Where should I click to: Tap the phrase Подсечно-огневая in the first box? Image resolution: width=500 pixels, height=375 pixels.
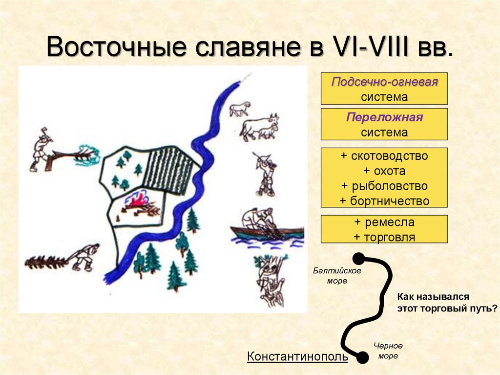384,82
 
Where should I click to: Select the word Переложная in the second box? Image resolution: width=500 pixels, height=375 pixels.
384,118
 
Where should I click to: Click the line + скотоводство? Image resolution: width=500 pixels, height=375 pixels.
384,156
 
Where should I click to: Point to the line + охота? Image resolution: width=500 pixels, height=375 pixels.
384,171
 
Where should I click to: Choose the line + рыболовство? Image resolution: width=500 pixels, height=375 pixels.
384,186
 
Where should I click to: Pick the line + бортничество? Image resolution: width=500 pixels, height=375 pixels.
384,201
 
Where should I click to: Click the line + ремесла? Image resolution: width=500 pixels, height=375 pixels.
384,222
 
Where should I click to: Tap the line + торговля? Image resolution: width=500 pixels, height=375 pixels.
384,237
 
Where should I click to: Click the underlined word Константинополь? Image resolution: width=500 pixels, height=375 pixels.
297,356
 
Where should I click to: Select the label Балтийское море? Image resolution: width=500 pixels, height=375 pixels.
337,276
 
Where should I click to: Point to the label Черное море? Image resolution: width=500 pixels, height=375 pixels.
388,351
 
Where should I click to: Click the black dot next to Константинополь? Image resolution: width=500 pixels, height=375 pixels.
362,358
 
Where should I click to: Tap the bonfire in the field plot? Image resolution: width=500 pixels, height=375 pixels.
139,203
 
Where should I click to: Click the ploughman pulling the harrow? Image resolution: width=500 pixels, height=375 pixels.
83,257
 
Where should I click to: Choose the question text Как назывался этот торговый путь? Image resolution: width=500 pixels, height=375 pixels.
447,303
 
